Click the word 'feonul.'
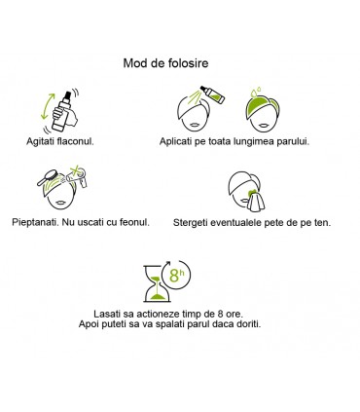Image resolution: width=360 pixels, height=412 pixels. pyautogui.click(x=132, y=222)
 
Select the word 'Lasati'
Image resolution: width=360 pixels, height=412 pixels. pyautogui.click(x=101, y=313)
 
